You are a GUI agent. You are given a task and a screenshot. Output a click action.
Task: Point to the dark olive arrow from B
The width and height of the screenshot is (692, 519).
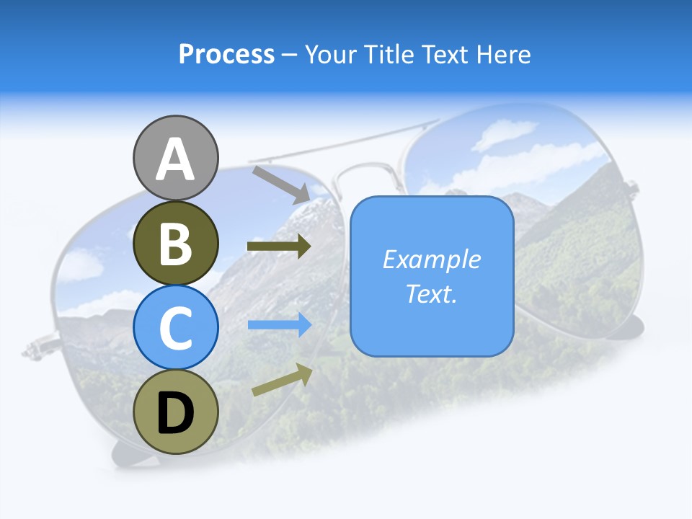(279, 247)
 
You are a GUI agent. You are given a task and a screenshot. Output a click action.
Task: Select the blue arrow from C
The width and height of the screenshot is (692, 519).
(279, 325)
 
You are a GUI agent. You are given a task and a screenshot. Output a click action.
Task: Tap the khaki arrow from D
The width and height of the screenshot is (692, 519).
(282, 380)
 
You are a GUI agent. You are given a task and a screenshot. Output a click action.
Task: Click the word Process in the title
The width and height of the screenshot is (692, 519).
(226, 54)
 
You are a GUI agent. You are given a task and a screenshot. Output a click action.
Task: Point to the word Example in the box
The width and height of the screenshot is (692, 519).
(432, 259)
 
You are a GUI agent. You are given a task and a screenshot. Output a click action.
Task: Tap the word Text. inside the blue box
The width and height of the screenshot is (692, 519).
(432, 293)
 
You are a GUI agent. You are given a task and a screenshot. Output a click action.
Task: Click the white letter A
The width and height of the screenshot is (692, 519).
(176, 160)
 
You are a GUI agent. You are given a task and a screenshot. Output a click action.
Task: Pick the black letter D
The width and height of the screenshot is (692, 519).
(176, 414)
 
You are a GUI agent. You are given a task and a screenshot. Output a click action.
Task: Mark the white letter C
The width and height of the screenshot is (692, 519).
(176, 329)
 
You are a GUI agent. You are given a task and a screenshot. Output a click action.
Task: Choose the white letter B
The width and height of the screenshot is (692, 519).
(176, 244)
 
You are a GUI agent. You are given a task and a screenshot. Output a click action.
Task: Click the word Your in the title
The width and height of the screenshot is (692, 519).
(331, 54)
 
